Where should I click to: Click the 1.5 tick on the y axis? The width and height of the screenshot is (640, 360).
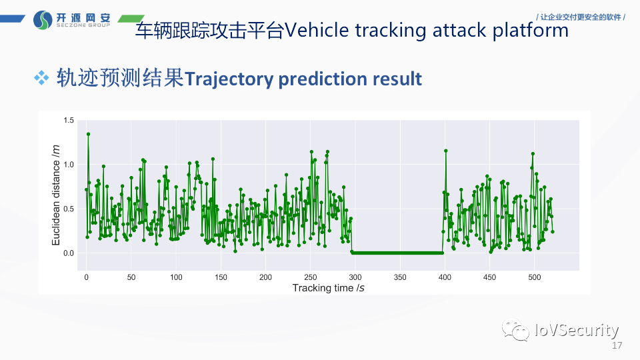pyautogui.click(x=69, y=120)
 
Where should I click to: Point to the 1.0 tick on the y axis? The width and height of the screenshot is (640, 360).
pyautogui.click(x=69, y=165)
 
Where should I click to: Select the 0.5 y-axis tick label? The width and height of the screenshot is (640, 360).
pyautogui.click(x=69, y=209)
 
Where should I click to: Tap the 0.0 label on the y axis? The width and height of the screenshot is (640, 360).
pyautogui.click(x=69, y=253)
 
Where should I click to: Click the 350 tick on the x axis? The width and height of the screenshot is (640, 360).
pyautogui.click(x=400, y=277)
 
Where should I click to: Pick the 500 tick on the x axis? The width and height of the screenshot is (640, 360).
pyautogui.click(x=534, y=277)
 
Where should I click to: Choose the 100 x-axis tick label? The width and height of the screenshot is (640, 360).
pyautogui.click(x=176, y=277)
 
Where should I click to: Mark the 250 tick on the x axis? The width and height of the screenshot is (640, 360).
pyautogui.click(x=311, y=277)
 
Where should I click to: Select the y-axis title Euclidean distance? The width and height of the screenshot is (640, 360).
pyautogui.click(x=57, y=195)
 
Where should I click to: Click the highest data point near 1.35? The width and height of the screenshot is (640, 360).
pyautogui.click(x=88, y=134)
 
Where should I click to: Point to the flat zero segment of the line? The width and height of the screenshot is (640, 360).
pyautogui.click(x=397, y=253)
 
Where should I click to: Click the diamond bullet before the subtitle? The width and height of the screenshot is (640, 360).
pyautogui.click(x=42, y=79)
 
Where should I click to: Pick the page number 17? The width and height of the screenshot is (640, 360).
pyautogui.click(x=617, y=346)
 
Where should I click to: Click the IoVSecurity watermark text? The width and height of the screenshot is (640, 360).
pyautogui.click(x=577, y=330)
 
